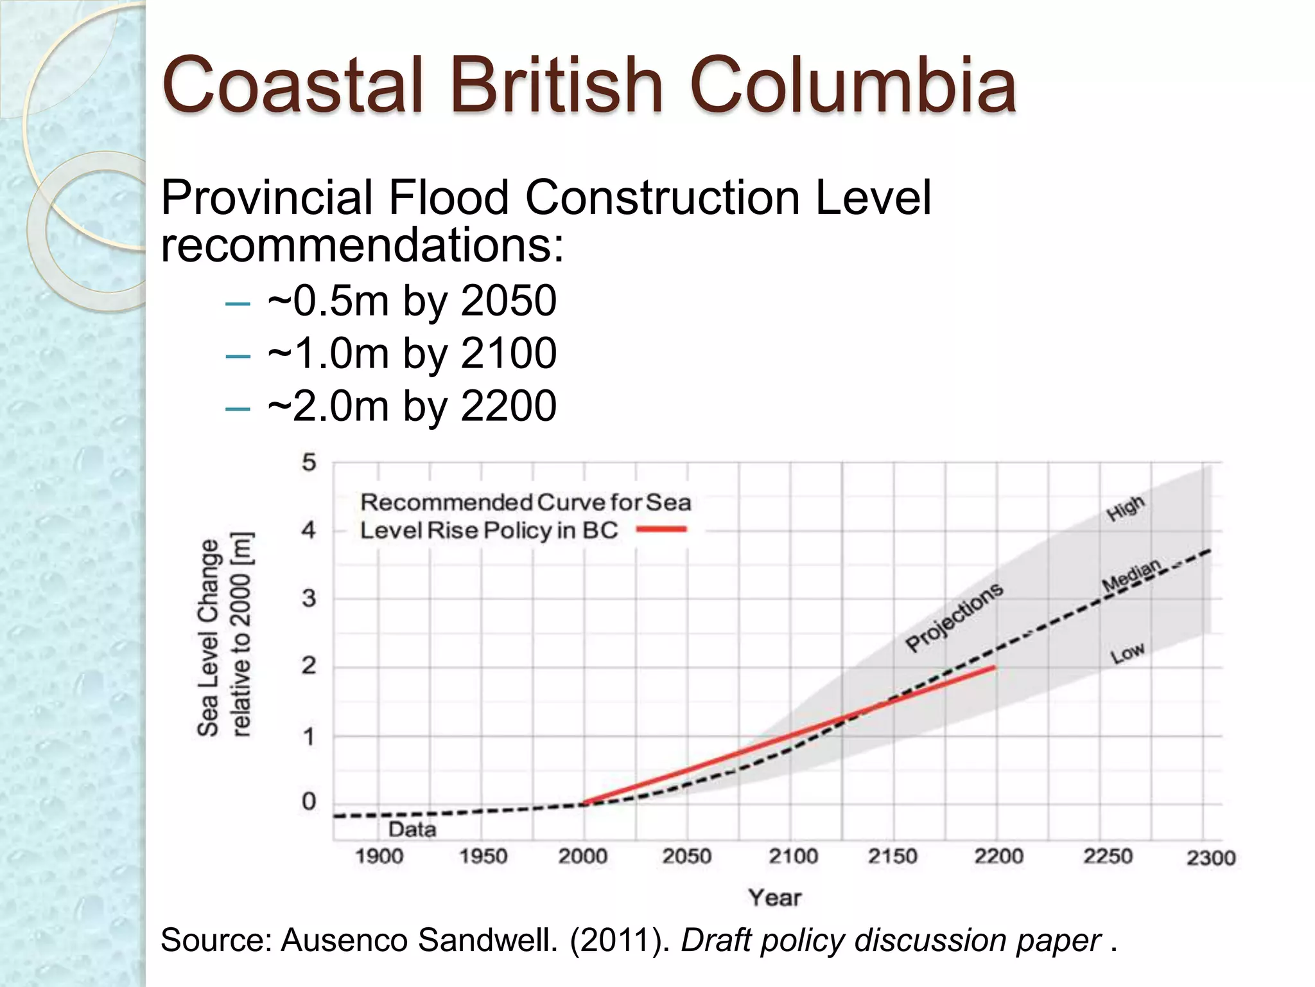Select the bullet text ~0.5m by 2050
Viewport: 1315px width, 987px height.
coord(412,301)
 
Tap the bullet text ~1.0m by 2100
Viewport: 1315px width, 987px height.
coord(412,353)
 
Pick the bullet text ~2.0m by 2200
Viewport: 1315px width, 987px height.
coord(412,406)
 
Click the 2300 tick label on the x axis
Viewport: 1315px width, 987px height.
coord(1210,858)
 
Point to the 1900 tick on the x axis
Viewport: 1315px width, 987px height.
coord(379,857)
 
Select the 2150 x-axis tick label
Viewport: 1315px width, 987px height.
coord(893,857)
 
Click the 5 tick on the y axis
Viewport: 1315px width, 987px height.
coord(309,462)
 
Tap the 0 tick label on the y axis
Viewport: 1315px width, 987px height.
coord(309,801)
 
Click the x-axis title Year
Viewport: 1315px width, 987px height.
coord(775,898)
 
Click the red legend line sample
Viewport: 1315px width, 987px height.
coord(661,529)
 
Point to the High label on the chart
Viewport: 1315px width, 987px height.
coord(1126,508)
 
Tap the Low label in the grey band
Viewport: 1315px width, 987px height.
coord(1128,654)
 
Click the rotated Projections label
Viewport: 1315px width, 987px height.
coord(954,617)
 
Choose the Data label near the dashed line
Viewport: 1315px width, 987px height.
coord(412,830)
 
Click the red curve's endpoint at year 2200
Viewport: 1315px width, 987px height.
coord(995,668)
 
